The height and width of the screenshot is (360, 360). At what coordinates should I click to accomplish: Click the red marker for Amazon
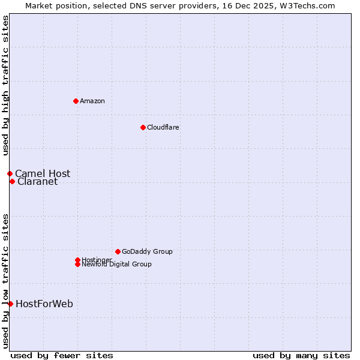point(76,101)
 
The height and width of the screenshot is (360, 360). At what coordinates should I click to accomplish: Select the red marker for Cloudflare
point(143,127)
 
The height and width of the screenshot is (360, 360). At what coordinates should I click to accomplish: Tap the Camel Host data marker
point(10,173)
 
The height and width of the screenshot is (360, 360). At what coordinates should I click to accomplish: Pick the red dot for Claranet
point(12,181)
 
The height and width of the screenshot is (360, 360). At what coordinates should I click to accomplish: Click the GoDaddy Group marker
point(118,251)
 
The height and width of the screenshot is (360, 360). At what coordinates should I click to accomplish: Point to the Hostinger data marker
point(77,260)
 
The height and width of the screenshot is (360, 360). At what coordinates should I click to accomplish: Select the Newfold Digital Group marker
point(77,264)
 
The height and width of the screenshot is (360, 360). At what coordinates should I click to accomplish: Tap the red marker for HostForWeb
point(10,304)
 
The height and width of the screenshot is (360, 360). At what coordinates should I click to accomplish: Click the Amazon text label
point(92,101)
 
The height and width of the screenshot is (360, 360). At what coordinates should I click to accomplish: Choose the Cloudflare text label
point(163,127)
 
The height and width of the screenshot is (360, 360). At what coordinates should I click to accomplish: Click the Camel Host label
point(43,173)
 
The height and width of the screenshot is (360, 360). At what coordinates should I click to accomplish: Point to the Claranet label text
point(38,182)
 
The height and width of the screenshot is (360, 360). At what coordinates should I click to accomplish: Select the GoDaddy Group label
point(147,251)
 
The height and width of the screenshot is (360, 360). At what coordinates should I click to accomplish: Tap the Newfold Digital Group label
point(116,264)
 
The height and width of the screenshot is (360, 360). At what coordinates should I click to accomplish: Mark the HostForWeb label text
point(44,304)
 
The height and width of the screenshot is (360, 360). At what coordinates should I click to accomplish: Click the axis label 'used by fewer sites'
point(62,355)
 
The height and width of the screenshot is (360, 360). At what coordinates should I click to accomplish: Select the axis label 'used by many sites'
point(301,355)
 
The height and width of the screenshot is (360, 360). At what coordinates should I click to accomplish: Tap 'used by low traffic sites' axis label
point(6,280)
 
